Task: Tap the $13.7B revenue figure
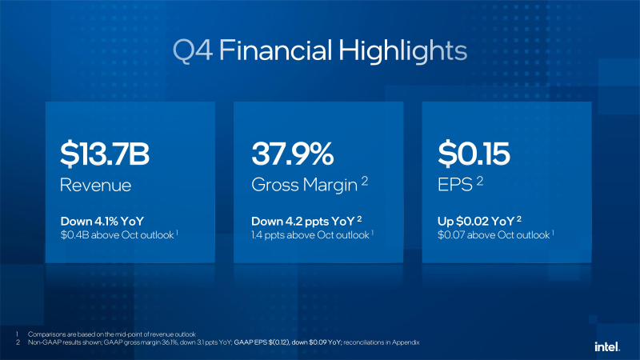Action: coord(106,154)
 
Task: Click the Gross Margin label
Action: coord(303,186)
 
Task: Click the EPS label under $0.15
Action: coord(454,186)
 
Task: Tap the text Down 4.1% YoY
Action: coord(102,222)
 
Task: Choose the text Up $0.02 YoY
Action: coord(479,222)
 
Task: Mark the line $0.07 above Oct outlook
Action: coord(494,236)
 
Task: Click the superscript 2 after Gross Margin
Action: coord(364,182)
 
